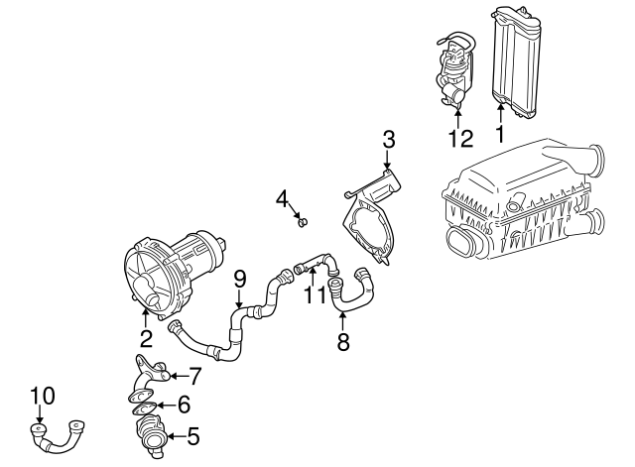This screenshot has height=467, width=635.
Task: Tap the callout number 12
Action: point(460,138)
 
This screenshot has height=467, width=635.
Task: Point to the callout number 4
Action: point(283,199)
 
